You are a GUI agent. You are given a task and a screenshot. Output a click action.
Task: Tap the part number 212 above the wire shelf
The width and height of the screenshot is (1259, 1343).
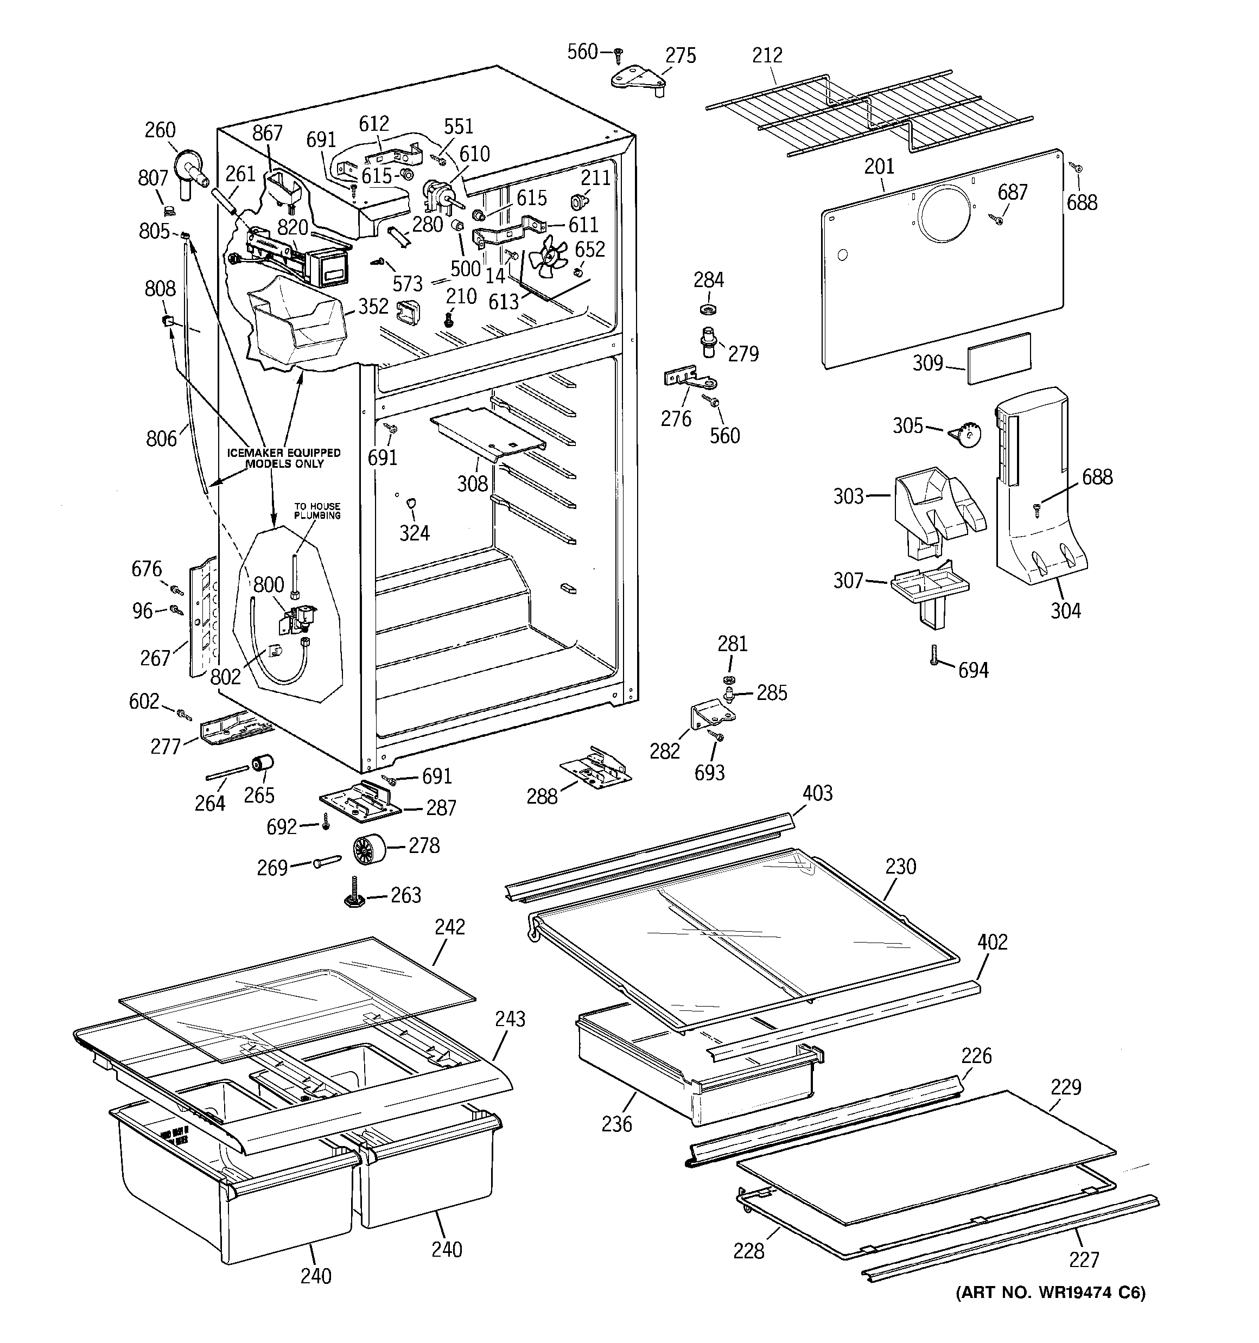[x=767, y=55]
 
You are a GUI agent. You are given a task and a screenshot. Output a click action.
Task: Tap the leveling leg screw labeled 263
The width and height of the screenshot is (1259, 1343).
[x=354, y=893]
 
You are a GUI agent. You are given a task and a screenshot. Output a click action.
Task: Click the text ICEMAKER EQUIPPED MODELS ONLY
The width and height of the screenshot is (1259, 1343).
[x=284, y=458]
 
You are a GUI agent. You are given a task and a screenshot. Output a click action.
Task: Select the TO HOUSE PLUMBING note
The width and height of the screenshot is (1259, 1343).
[x=317, y=511]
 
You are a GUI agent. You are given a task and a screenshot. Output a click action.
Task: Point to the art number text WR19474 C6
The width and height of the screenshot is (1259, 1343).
[x=1050, y=1293]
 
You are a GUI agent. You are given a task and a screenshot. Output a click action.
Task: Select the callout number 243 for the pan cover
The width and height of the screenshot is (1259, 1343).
[x=510, y=1018]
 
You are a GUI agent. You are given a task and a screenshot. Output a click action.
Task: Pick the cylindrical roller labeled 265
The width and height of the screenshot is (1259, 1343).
[x=262, y=763]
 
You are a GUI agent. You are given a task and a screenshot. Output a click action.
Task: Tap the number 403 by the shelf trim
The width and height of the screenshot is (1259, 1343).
[x=817, y=793]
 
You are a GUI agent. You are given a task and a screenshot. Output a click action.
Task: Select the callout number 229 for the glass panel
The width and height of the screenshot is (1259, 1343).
[x=1066, y=1087]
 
